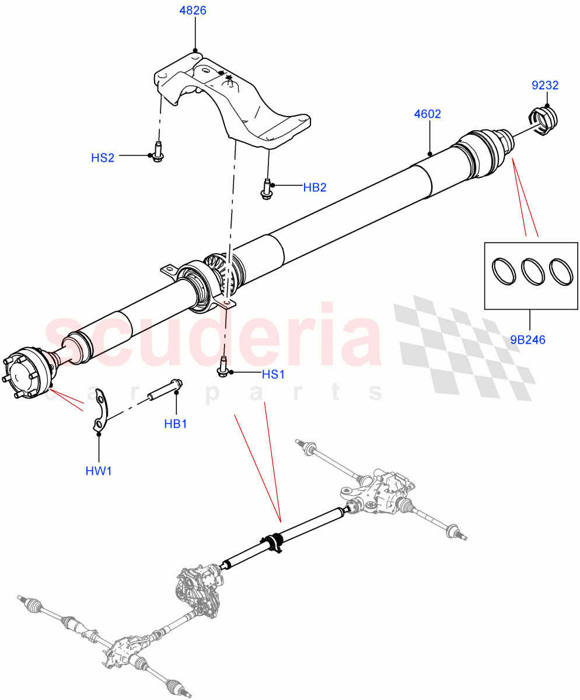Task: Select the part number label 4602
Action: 427,114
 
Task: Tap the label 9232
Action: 545,86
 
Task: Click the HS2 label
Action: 103,157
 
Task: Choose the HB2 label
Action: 315,187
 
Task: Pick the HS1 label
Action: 273,374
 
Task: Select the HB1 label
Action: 175,424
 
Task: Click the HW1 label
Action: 99,470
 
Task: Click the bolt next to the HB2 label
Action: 267,189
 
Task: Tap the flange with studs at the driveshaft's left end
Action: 27,374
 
